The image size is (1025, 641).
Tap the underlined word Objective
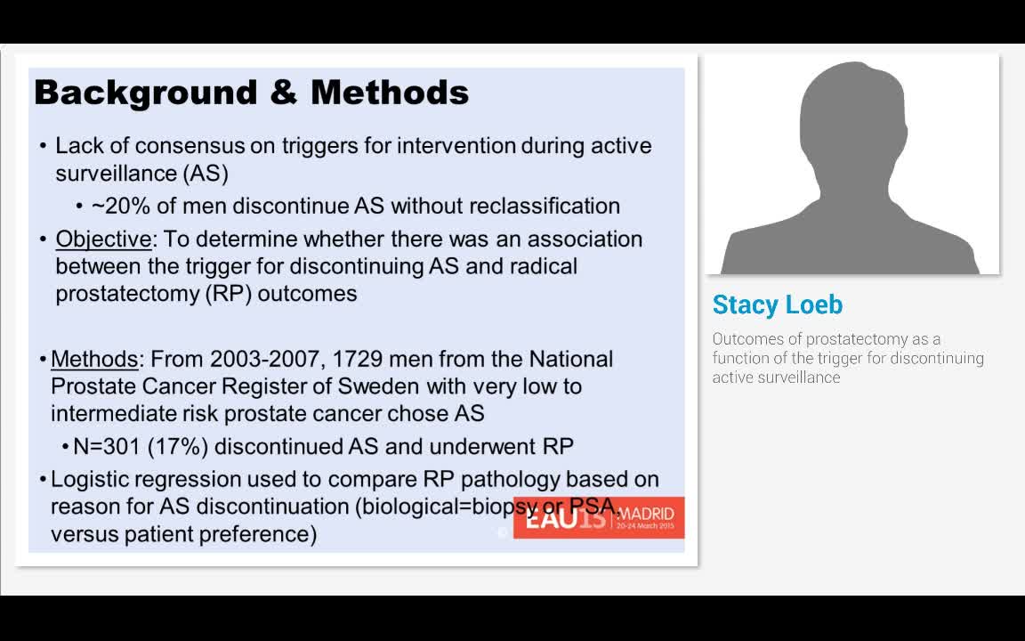tap(103, 239)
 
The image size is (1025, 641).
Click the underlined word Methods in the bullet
tap(94, 360)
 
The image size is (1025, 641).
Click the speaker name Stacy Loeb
tap(777, 305)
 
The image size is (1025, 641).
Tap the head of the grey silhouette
tap(853, 116)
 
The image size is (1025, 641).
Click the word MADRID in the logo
tap(645, 514)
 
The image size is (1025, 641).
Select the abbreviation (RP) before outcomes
tap(228, 294)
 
